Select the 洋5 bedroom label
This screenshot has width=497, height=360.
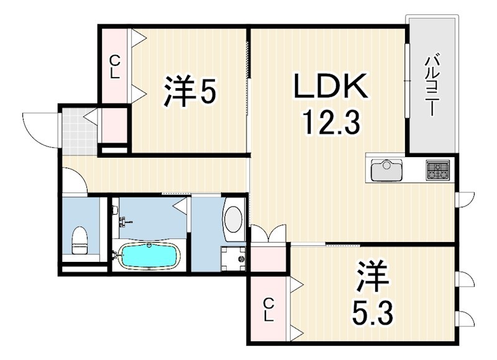click(190, 92)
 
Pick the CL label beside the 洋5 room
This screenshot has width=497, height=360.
click(115, 66)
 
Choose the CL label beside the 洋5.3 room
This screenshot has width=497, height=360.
click(268, 309)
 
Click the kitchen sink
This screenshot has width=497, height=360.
click(387, 169)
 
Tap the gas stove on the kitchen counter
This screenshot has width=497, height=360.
click(438, 169)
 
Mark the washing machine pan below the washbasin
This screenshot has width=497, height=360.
click(233, 257)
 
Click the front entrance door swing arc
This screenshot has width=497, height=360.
click(39, 127)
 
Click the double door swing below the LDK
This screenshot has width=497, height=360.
click(268, 234)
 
